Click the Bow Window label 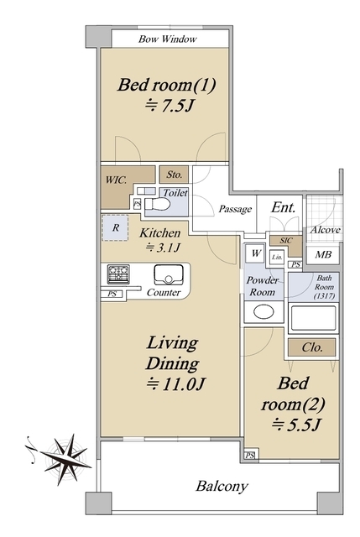tap(168, 39)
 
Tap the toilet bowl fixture tap(157, 205)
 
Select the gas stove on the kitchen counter tap(118, 274)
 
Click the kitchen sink tap(168, 275)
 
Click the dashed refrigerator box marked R tap(116, 227)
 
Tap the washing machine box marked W tap(256, 253)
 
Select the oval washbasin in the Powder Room tap(263, 311)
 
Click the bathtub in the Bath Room tap(313, 318)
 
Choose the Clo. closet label tap(312, 347)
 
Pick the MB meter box tap(323, 255)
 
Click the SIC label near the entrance tap(286, 241)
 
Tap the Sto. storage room tap(174, 175)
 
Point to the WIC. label tap(116, 180)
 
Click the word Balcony tap(222, 487)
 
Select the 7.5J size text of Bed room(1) tap(170, 107)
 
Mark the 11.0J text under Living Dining tap(175, 384)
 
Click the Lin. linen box tap(277, 258)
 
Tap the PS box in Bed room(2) tap(250, 456)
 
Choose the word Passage tap(235, 209)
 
